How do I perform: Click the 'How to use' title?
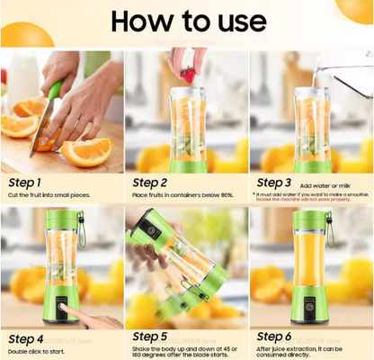pyautogui.click(x=187, y=22)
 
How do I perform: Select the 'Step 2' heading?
pyautogui.click(x=155, y=183)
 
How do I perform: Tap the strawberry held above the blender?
pyautogui.click(x=187, y=75)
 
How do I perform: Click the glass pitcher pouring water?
pyautogui.click(x=346, y=76)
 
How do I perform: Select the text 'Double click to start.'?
pyautogui.click(x=39, y=350)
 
